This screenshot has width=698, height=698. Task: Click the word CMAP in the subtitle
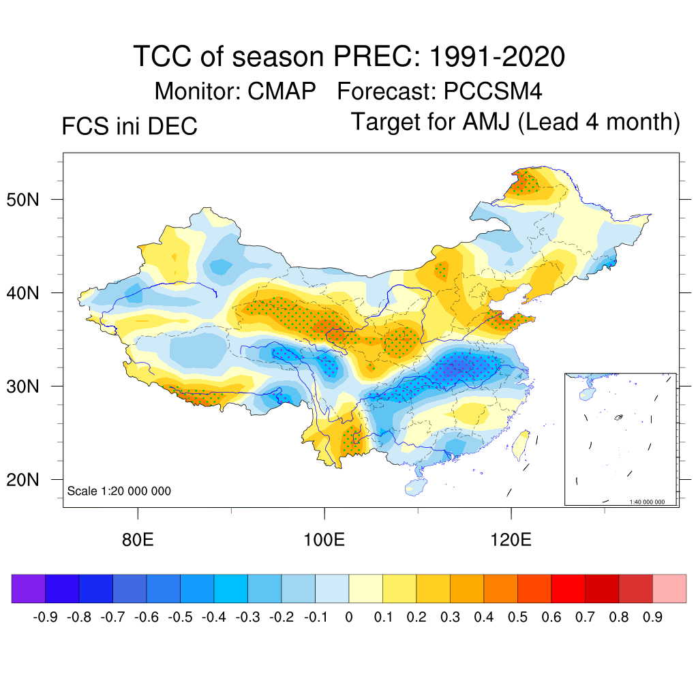pos(282,91)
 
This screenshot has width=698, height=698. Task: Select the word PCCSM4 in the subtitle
pos(493,91)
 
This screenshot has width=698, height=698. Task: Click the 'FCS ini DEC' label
pos(130,127)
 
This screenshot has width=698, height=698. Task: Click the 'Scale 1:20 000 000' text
pos(119,491)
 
